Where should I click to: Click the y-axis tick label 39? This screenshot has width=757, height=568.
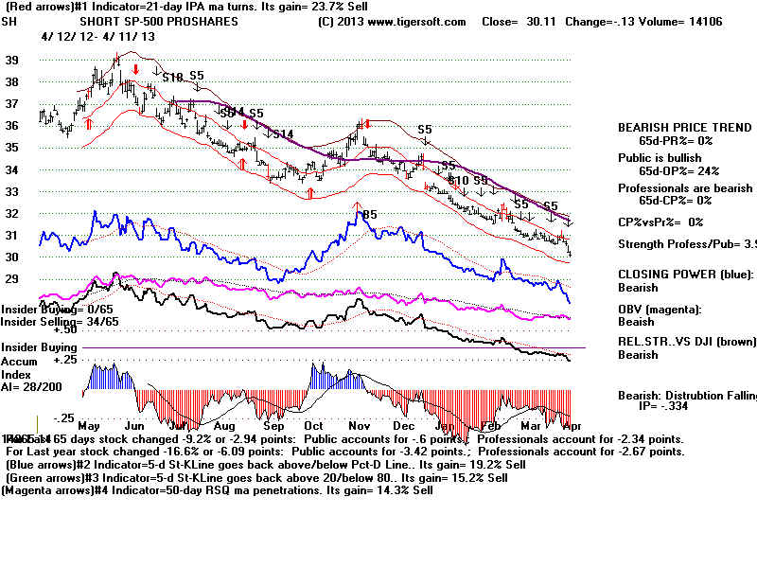pyautogui.click(x=13, y=60)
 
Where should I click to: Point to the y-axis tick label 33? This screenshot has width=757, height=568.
pyautogui.click(x=13, y=191)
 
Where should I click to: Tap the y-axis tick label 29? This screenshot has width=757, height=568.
pyautogui.click(x=13, y=279)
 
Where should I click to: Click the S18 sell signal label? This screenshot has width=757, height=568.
pyautogui.click(x=172, y=77)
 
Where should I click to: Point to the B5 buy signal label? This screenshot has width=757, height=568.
pyautogui.click(x=369, y=215)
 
